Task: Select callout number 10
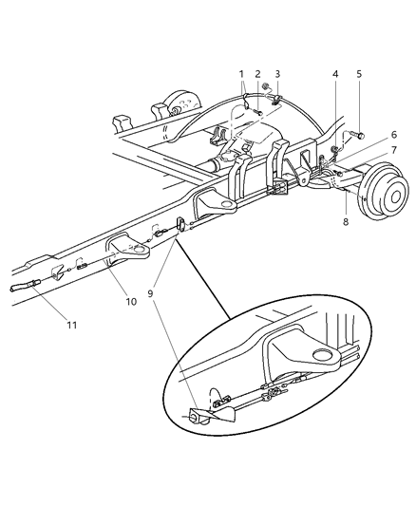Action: [x=131, y=301]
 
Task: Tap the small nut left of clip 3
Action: [x=264, y=97]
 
